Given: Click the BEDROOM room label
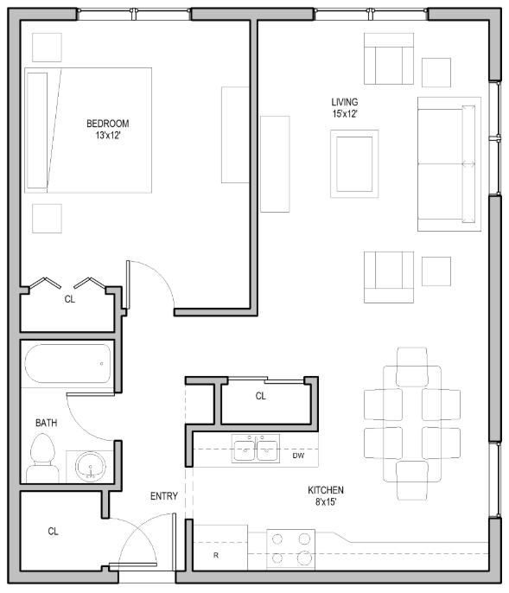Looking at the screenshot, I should (108, 123).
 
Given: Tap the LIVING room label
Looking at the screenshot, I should (345, 102).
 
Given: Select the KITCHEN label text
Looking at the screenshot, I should (327, 490).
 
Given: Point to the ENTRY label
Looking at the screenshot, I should (164, 496).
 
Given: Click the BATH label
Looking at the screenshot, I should (47, 424).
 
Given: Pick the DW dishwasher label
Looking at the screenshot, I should (298, 455).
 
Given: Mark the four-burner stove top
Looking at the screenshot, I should (290, 547).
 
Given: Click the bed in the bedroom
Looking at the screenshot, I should (88, 130).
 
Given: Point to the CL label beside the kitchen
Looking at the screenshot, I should (261, 397).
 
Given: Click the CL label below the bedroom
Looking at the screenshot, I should (70, 300).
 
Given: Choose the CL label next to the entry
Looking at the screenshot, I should (53, 532).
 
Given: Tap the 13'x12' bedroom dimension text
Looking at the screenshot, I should (108, 135).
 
